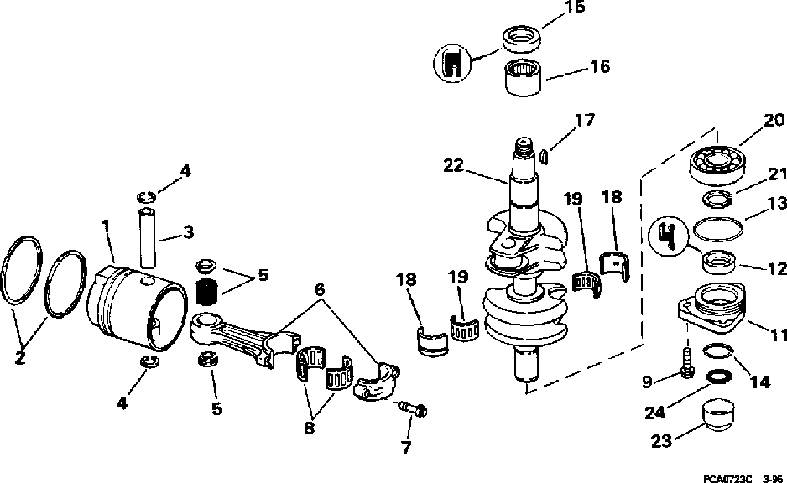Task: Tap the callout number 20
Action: point(773,122)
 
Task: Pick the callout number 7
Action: point(406,447)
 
